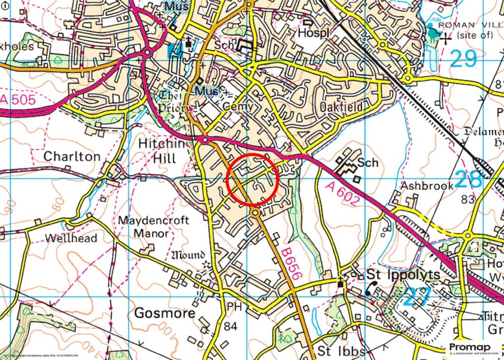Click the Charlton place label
72,157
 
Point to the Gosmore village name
164,314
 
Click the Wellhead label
71,238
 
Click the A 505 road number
18,101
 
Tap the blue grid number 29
464,59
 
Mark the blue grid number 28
469,179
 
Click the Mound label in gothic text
187,255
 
